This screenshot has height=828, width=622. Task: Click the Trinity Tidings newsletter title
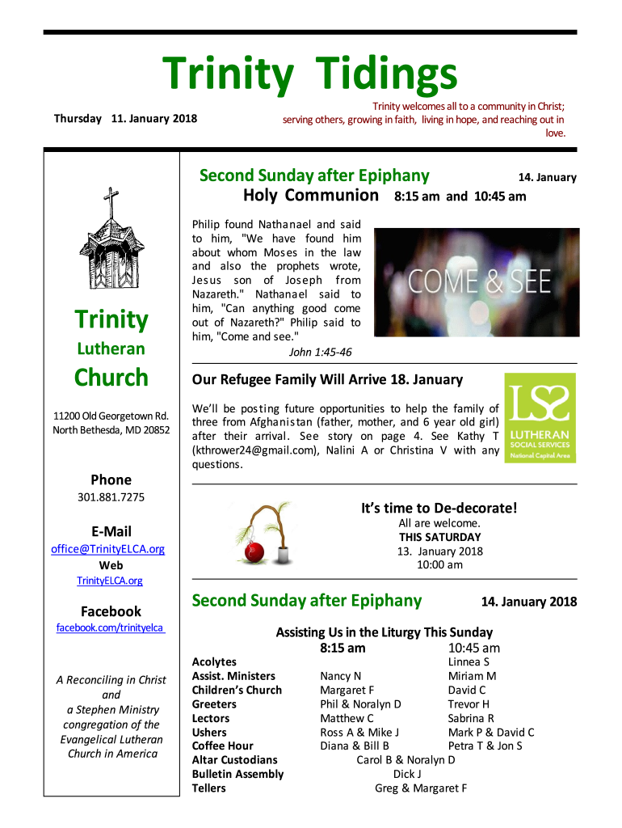(310, 74)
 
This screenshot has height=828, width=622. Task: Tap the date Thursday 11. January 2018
(125, 119)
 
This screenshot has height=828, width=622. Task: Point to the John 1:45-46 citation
(320, 352)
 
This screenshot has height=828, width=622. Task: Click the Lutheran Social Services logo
(540, 417)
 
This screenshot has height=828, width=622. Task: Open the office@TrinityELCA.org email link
(108, 549)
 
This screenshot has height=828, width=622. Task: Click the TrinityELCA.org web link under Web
(110, 581)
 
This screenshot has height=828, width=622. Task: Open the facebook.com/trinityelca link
(111, 627)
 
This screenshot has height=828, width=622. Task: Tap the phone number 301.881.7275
(111, 497)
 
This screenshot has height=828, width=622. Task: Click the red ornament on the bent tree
(254, 551)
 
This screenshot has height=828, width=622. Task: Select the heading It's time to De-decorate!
(439, 508)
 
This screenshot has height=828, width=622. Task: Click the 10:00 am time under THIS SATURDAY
(439, 564)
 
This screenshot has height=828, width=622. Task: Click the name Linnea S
(469, 661)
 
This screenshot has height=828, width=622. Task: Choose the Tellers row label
(208, 788)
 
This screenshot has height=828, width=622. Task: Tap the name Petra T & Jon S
(485, 746)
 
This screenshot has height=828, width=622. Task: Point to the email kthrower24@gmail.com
(255, 450)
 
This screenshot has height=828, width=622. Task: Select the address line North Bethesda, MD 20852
(111, 430)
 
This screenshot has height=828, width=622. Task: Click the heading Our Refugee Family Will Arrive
(327, 380)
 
